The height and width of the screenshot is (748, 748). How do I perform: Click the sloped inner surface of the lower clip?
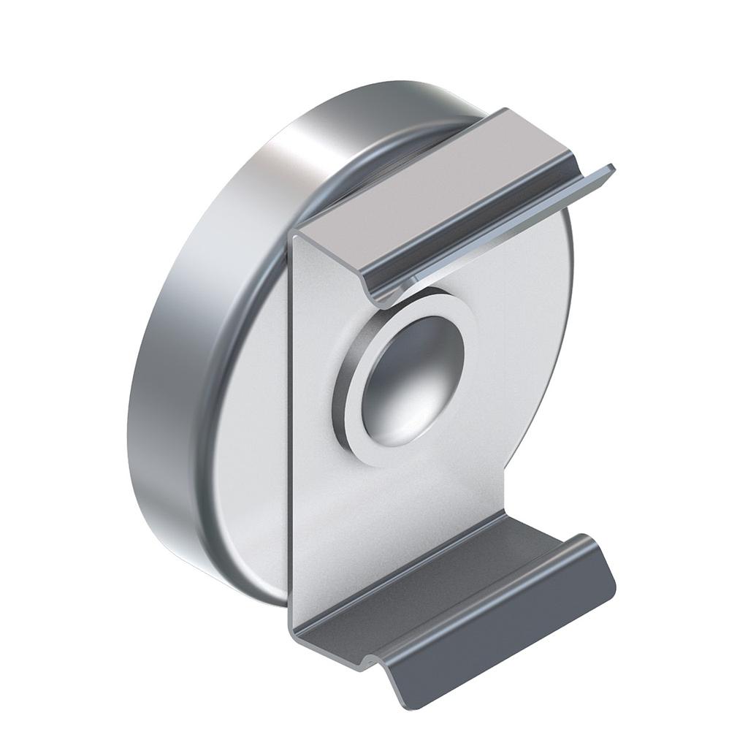[x=438, y=570]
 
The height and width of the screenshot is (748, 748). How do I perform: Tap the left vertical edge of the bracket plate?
[x=291, y=438]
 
